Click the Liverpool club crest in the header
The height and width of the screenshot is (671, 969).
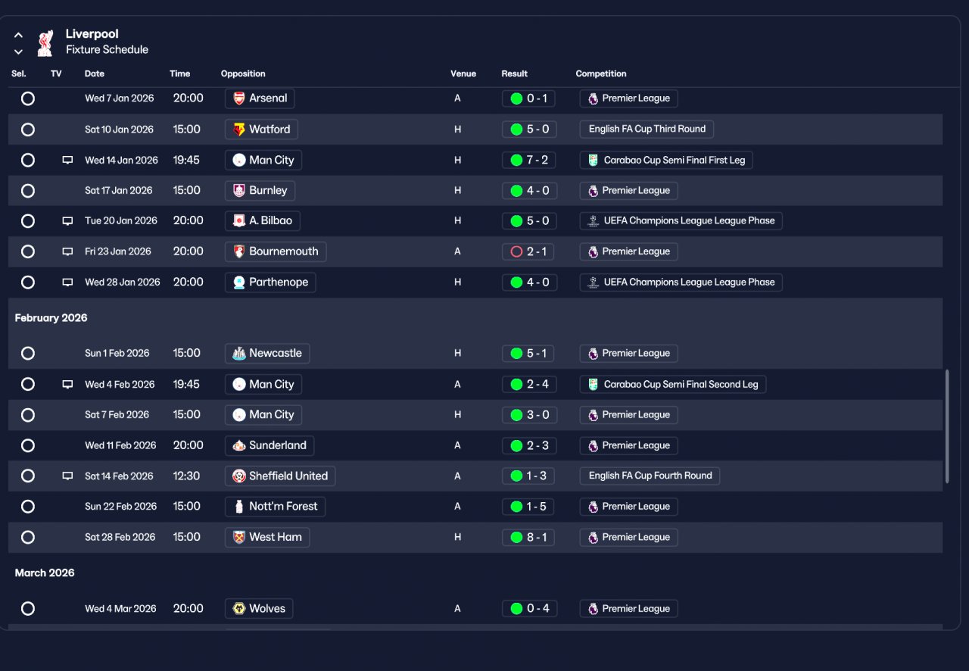click(45, 43)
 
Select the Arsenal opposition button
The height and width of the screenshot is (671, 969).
click(260, 98)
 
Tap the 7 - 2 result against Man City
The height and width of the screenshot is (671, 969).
click(529, 160)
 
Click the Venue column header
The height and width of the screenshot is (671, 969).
click(463, 73)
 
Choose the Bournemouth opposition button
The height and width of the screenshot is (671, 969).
click(276, 251)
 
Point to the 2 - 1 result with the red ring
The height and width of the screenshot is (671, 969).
click(528, 251)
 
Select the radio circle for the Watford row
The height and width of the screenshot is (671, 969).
click(28, 130)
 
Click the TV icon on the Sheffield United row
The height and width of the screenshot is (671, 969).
click(67, 476)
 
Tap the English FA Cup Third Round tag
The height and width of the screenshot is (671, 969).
click(647, 129)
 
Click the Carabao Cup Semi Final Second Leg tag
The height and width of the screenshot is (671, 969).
click(673, 385)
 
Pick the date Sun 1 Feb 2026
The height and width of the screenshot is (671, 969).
click(117, 353)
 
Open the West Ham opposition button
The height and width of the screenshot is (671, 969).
click(267, 537)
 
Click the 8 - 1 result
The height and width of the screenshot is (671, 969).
click(528, 537)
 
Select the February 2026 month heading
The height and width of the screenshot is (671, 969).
click(51, 318)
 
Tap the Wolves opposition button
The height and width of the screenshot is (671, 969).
click(259, 609)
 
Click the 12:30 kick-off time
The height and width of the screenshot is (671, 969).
click(186, 476)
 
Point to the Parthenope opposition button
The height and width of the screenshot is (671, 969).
click(270, 282)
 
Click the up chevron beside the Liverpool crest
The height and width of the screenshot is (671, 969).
click(18, 35)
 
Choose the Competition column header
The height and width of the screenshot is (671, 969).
click(601, 73)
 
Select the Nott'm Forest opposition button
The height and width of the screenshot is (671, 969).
click(275, 507)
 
